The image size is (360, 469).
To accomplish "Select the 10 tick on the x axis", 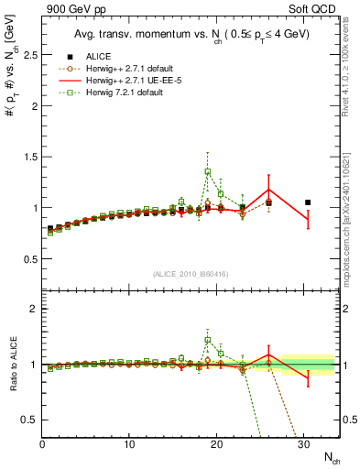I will tap(129, 445).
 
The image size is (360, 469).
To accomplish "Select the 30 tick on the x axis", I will tap(304, 445).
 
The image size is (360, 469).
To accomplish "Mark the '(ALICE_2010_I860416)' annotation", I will tap(191, 274).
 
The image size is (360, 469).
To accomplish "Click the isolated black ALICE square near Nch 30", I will tap(308, 202).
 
